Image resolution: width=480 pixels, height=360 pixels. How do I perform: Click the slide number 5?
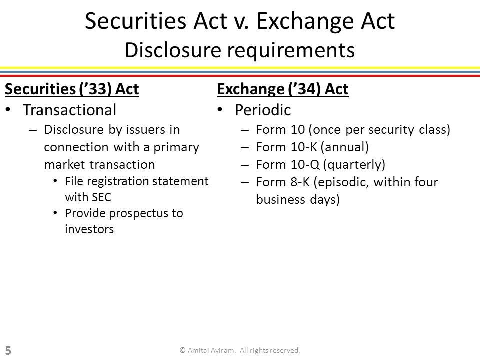tap(8, 351)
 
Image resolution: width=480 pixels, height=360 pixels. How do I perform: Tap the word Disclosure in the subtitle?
tap(173, 50)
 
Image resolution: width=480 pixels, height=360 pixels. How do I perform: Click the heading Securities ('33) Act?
tap(72, 89)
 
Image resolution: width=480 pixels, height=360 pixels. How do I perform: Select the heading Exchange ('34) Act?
tap(283, 89)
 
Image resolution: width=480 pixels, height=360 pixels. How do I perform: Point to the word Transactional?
tap(70, 110)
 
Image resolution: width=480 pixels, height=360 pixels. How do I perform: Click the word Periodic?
tap(263, 110)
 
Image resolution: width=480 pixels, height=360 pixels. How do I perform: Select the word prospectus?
tap(138, 214)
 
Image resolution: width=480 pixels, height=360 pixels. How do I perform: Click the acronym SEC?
tap(101, 197)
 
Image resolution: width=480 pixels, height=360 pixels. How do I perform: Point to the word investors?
tap(89, 229)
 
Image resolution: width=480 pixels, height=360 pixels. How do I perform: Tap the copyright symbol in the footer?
tap(183, 350)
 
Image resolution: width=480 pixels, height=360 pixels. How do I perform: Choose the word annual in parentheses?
tap(345, 147)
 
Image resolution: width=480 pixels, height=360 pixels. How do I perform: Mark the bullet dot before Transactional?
tap(8, 110)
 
